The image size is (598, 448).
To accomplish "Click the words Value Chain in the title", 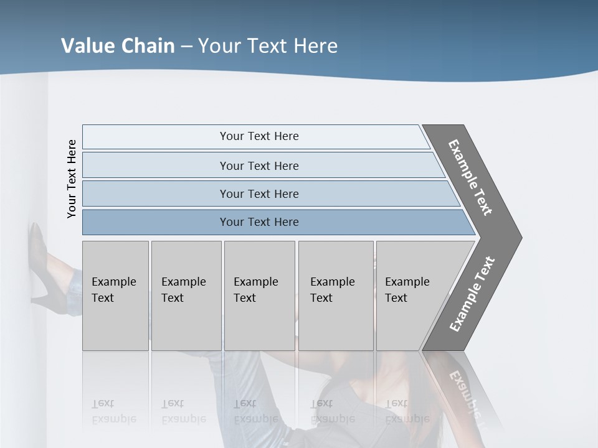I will tap(118, 46).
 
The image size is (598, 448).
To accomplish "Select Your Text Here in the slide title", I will tap(268, 46).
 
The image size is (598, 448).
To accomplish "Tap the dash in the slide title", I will tap(186, 47).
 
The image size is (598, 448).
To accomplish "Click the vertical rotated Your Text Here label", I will tap(72, 179).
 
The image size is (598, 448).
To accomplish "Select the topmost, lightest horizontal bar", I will tap(259, 136).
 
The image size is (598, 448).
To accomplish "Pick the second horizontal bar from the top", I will tap(259, 166).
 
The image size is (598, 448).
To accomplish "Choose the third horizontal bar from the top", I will tap(259, 194).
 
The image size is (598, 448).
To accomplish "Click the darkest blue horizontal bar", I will tap(259, 222).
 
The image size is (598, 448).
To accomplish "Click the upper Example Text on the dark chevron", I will tap(470, 177).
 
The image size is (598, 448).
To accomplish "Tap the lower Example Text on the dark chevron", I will tap(472, 294).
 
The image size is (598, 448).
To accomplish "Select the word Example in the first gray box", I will tap(113, 282).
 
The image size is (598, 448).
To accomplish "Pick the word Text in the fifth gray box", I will tap(396, 298).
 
